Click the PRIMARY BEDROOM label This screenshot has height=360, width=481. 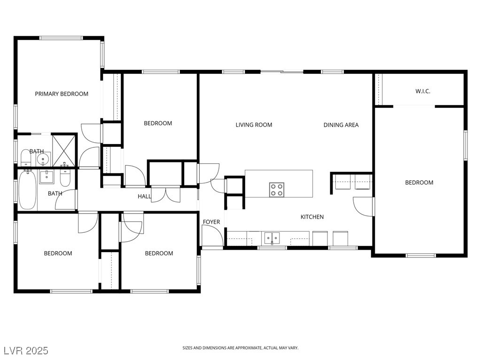62,94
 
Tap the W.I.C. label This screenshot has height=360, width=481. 423,91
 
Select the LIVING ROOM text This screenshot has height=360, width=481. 254,125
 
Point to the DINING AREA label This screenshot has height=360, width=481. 341,125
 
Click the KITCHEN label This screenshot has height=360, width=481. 312,217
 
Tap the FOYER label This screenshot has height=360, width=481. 211,222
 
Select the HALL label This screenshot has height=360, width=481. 144,196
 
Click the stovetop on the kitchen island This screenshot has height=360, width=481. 277,190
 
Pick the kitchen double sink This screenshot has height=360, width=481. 272,238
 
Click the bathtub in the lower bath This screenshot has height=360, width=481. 28,190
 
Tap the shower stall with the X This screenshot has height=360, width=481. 64,151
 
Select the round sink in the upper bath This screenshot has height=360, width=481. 43,159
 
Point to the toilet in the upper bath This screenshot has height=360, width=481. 25,158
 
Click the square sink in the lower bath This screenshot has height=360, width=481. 47,177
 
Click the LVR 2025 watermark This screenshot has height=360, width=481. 26,351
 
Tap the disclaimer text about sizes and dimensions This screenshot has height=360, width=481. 240,348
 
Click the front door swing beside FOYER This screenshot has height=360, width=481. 212,235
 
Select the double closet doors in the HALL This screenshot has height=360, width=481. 166,194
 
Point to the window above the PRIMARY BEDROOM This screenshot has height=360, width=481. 62,38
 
